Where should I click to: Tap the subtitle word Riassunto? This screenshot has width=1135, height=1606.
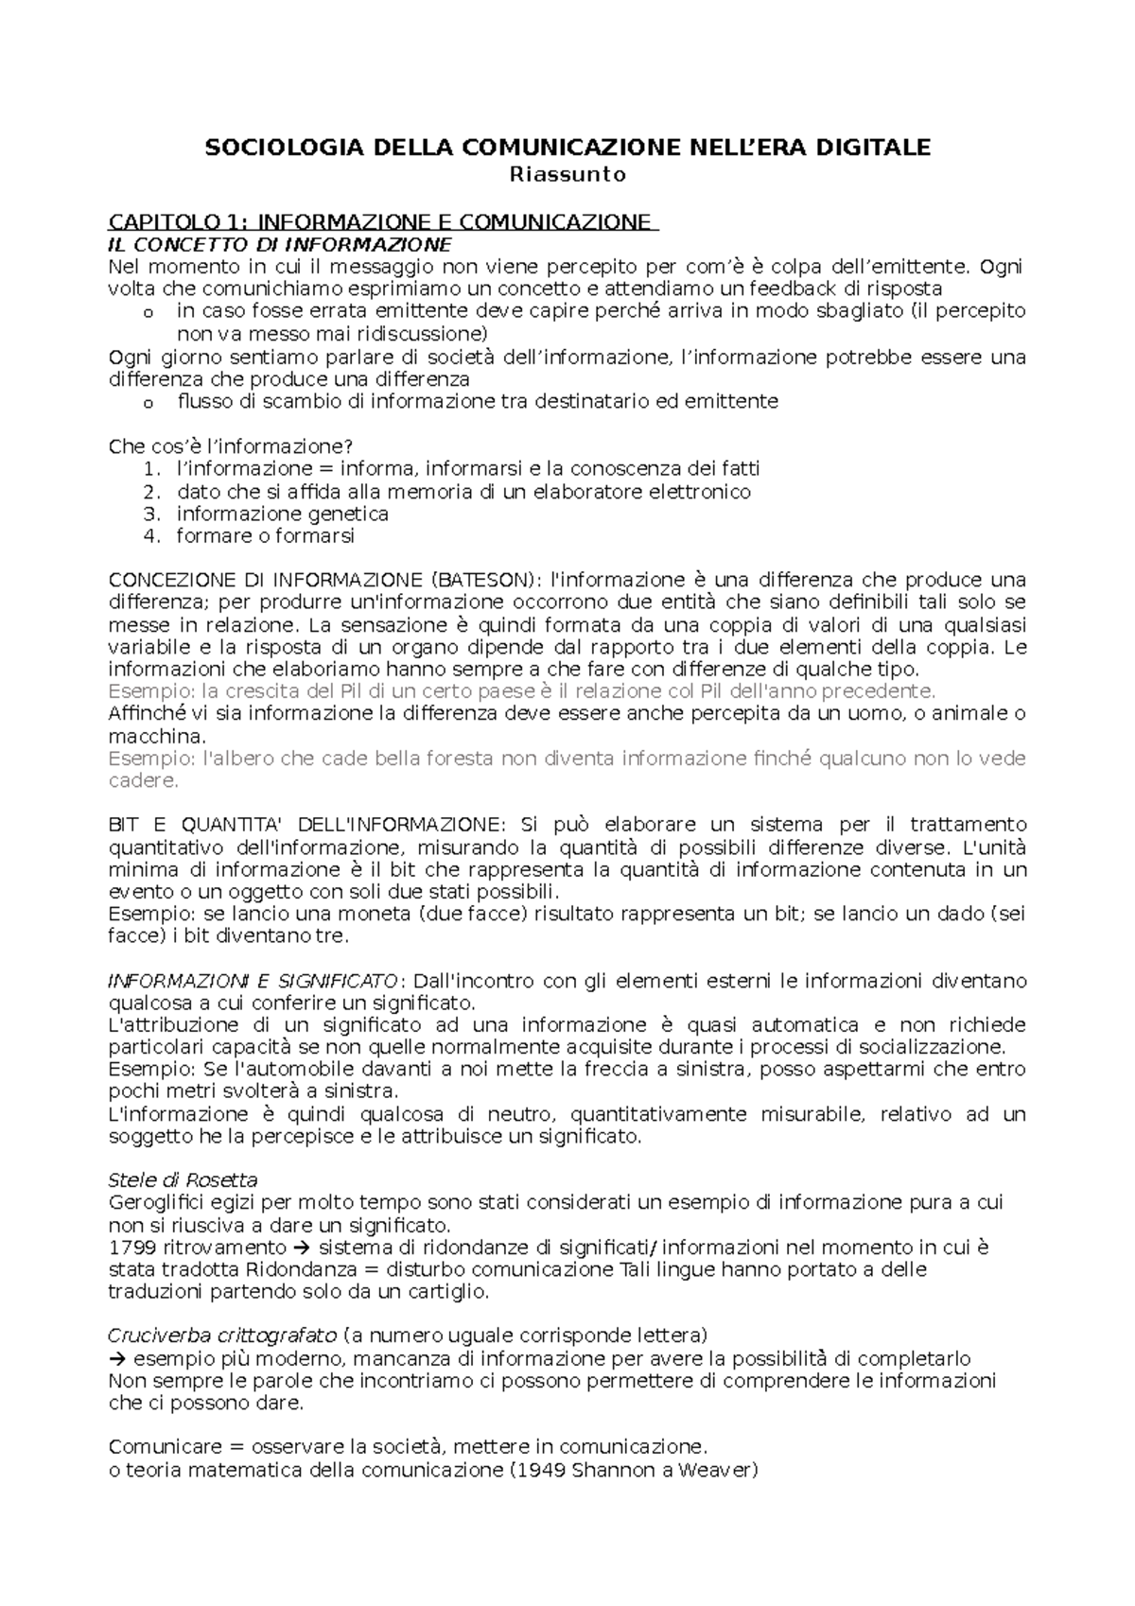tap(567, 174)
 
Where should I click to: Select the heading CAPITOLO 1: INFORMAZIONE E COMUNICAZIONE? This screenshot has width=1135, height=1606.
tap(382, 223)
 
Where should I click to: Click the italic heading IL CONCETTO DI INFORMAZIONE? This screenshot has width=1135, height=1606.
tap(274, 244)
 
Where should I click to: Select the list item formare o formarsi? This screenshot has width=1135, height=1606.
tap(265, 536)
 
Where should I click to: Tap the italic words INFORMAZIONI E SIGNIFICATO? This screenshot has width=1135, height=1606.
tap(253, 981)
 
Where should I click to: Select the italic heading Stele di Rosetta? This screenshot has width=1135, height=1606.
tap(183, 1180)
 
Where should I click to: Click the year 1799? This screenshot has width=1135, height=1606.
tap(128, 1248)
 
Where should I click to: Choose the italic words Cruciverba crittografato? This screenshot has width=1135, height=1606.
tap(222, 1336)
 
